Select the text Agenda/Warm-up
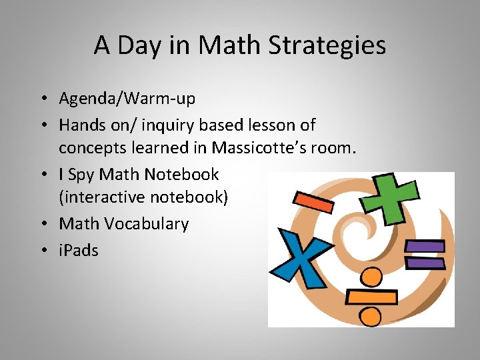(127, 99)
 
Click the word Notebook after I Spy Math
(181, 174)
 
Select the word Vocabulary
(147, 224)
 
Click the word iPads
(79, 251)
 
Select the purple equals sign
(425, 254)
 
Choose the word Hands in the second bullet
(79, 125)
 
